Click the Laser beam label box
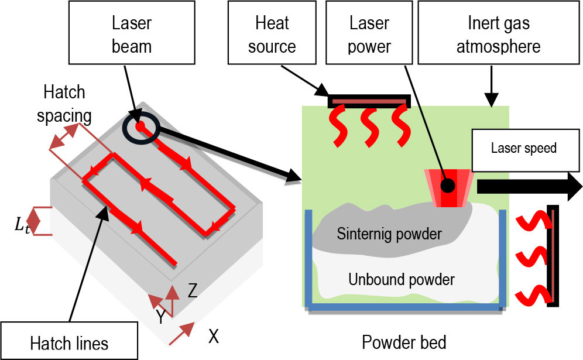click(x=132, y=32)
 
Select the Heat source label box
click(x=272, y=32)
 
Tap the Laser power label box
click(x=369, y=32)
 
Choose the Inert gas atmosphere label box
click(x=499, y=32)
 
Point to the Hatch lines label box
click(x=69, y=341)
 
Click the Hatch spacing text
click(x=64, y=104)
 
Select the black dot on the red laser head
click(x=448, y=186)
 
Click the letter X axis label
click(x=214, y=336)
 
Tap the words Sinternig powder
click(x=389, y=234)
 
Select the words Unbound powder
click(x=402, y=279)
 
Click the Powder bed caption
click(x=404, y=342)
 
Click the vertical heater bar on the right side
click(x=553, y=255)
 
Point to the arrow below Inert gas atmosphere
click(x=491, y=93)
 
